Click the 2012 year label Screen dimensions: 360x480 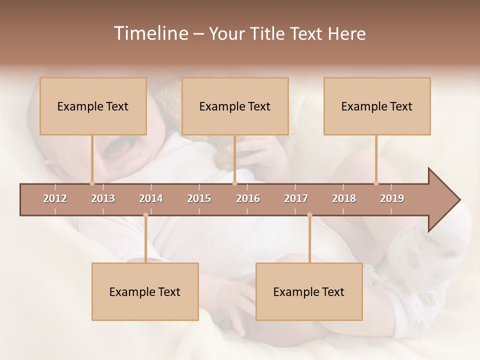[x=55, y=198]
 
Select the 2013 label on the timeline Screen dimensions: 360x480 [x=103, y=198]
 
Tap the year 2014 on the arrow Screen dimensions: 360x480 [x=151, y=198]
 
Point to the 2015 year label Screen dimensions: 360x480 [x=199, y=198]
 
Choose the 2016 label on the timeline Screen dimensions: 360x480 [x=248, y=198]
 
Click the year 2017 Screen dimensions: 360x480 [x=296, y=198]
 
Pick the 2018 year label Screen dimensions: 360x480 [x=344, y=198]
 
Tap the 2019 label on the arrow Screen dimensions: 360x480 [x=392, y=198]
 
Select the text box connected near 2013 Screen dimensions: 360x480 [x=93, y=106]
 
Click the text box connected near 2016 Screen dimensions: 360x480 [x=235, y=106]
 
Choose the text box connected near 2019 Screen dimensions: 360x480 [x=377, y=106]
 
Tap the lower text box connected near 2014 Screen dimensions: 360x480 [x=145, y=291]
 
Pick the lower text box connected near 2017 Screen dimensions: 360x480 [x=309, y=291]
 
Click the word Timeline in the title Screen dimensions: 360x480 [x=150, y=33]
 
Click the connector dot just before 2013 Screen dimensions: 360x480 [x=92, y=183]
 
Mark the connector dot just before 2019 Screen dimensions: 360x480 [x=376, y=183]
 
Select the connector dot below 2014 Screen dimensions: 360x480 [x=145, y=215]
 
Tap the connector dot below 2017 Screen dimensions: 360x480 [x=309, y=215]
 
